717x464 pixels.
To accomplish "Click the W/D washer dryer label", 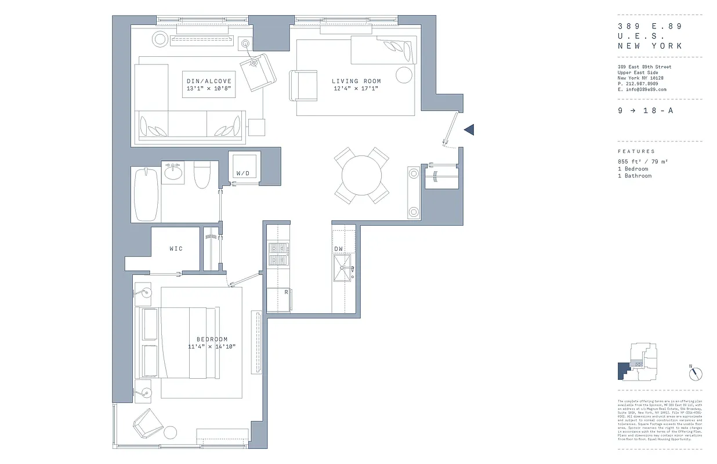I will pos(242,173).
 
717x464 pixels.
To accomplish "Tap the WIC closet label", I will pos(176,249).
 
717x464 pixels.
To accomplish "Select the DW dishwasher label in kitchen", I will pos(339,249).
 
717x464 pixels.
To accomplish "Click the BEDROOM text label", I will pos(212,339).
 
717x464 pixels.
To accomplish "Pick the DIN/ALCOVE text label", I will pos(209,81).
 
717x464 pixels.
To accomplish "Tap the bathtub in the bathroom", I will pos(146,194).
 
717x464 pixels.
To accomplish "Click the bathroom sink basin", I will pos(172,172).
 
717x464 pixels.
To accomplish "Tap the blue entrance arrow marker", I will pos(469,130).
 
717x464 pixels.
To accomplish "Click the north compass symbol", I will pos(696,374).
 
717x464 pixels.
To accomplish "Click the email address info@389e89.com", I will pos(642,90).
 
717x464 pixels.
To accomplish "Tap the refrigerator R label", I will pos(286,292).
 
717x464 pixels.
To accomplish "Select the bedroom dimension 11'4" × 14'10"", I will pos(212,347).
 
